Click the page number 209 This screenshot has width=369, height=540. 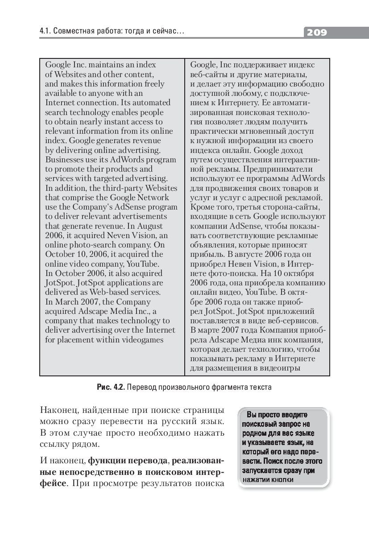tap(317, 32)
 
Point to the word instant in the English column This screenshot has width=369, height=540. tap(116, 122)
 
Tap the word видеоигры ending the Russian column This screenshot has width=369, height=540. tap(280, 368)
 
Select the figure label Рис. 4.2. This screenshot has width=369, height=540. tap(111, 387)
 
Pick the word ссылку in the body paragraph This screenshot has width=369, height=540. tap(54, 444)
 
